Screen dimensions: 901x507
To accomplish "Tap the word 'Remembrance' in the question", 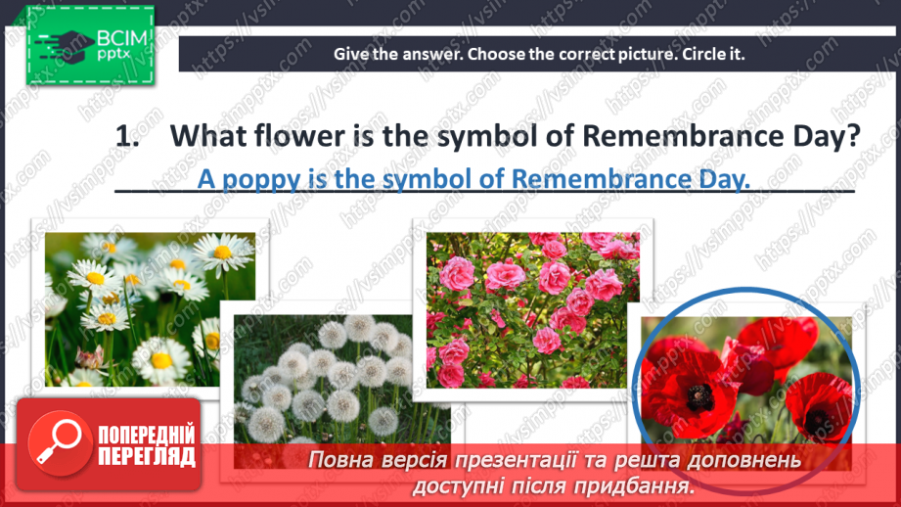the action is (x=683, y=136).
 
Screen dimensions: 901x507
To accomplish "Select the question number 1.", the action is (x=126, y=137).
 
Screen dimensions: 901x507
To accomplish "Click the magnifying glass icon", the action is (x=59, y=442).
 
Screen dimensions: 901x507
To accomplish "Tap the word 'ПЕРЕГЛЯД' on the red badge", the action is (x=147, y=457).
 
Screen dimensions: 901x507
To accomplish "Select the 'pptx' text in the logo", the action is (x=113, y=54).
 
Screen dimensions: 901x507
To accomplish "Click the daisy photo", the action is (x=150, y=308).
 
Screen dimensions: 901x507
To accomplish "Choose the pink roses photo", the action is (x=532, y=310).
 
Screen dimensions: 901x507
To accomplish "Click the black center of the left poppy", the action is (x=699, y=396).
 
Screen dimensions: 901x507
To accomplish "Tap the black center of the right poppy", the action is (x=818, y=422).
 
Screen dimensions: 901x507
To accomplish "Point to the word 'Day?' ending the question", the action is (x=827, y=137).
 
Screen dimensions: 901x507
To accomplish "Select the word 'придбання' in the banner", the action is (x=634, y=487).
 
